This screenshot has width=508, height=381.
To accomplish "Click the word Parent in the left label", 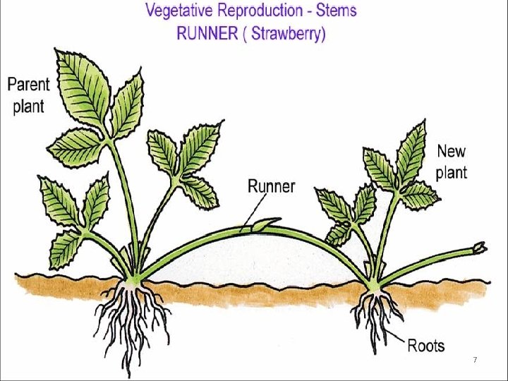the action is [28, 85].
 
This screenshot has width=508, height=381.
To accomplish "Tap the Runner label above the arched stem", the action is [272, 186].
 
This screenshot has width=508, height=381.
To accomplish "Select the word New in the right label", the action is [452, 151].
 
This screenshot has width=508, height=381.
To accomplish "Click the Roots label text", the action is [426, 345].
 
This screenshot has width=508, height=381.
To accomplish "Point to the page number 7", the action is [475, 361].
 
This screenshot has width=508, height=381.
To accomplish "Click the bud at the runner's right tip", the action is [480, 247].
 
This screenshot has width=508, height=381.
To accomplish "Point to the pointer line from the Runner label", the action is [256, 211].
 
